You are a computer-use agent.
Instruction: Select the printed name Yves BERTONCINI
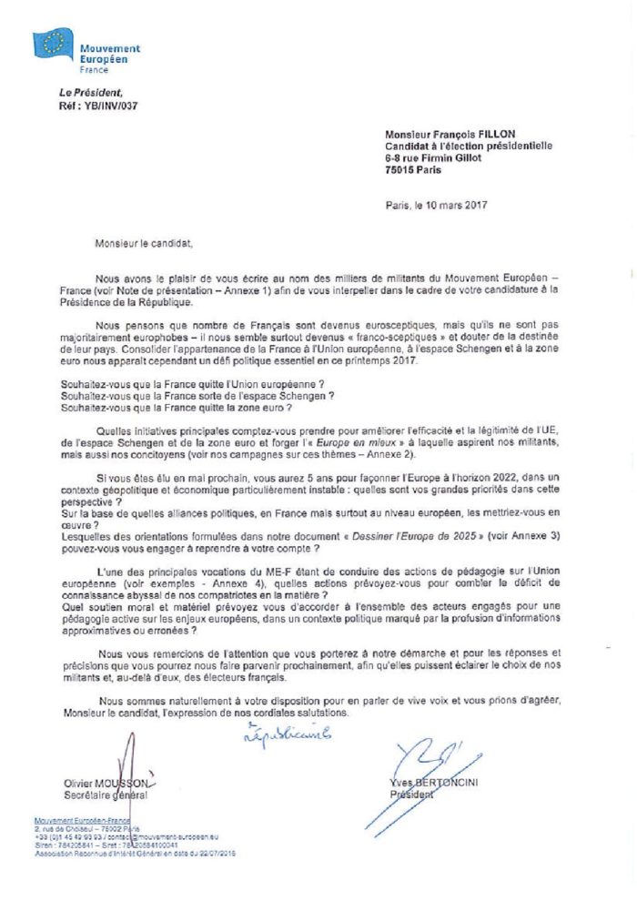click(431, 783)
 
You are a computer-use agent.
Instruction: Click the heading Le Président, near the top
click(88, 92)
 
